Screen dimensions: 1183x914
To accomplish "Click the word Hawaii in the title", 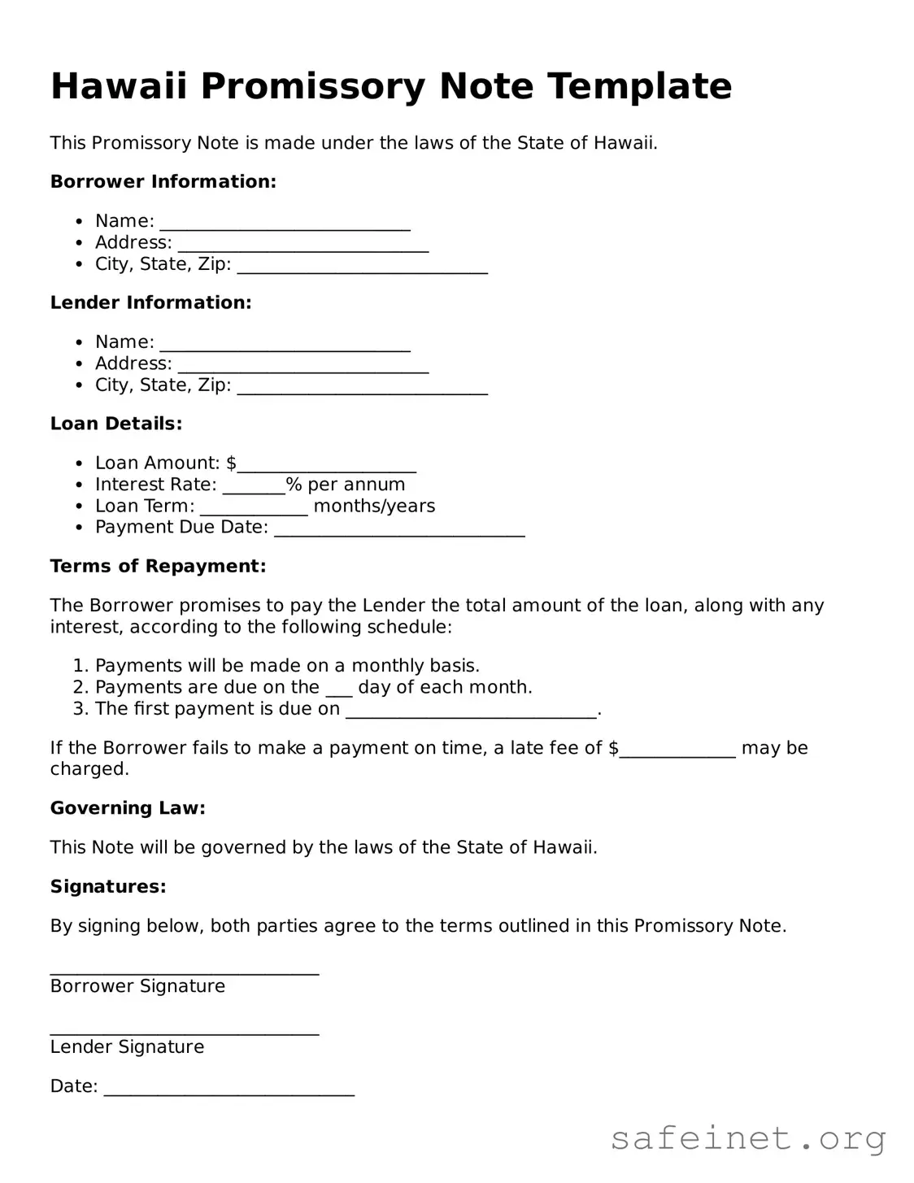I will point(119,86).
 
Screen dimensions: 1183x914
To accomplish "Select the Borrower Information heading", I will point(163,181).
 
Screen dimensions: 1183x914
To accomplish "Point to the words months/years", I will point(374,506).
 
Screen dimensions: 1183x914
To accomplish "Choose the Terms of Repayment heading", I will point(158,566).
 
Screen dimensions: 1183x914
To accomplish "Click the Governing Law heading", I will point(128,807).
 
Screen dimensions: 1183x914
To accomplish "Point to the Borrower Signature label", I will point(137,986).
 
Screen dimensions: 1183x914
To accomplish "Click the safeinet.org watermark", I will point(747,1138).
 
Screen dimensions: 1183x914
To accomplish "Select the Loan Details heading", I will point(116,423).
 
